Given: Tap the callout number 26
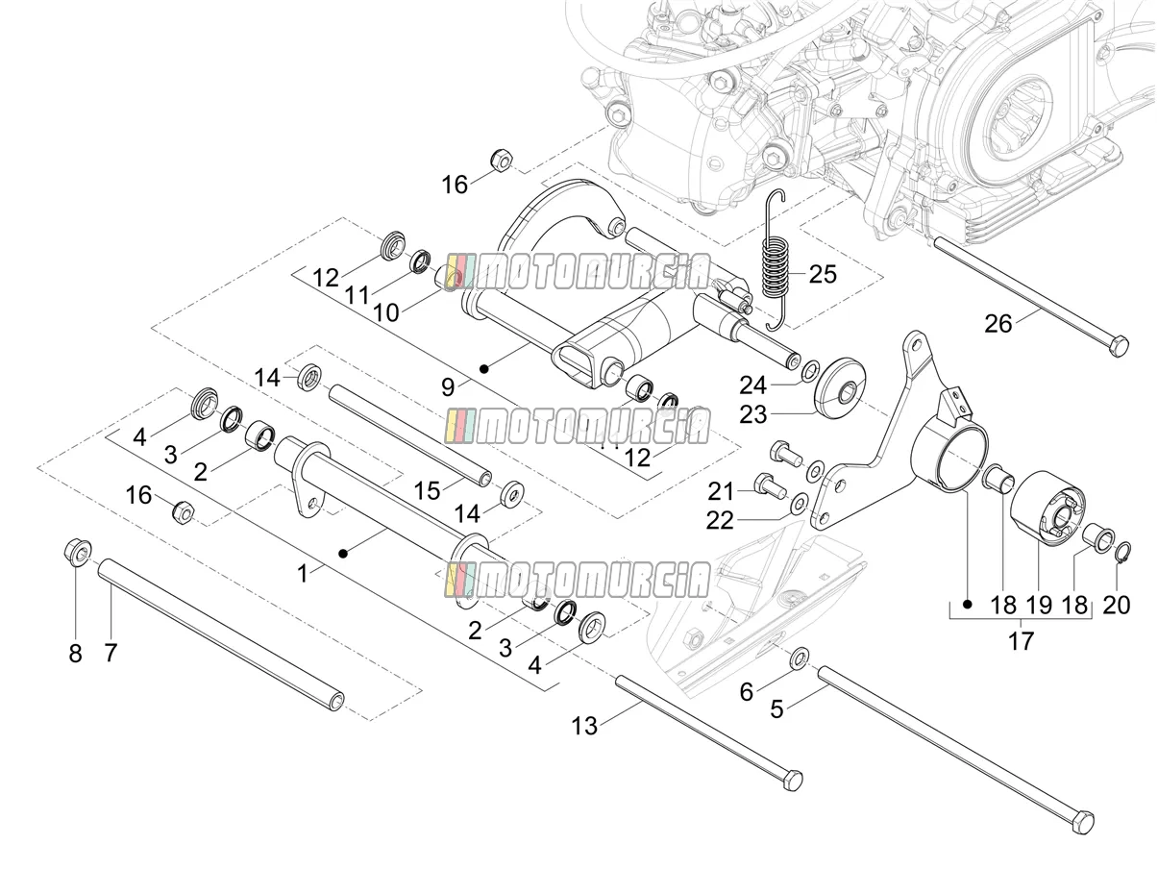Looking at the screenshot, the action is (x=998, y=323).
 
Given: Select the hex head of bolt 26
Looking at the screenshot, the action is (x=1119, y=346).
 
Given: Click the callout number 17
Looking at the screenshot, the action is (x=1021, y=641).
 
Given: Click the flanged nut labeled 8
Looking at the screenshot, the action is (x=78, y=553).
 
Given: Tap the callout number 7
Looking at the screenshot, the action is (x=111, y=654).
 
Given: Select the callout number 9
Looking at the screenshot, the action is (x=448, y=387).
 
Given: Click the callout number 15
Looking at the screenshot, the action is (x=428, y=490).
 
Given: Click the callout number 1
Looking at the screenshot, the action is (x=303, y=574).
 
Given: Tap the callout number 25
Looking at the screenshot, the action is (x=823, y=274).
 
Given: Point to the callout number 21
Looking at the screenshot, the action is (x=720, y=492).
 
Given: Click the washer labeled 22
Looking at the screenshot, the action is (x=800, y=503).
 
